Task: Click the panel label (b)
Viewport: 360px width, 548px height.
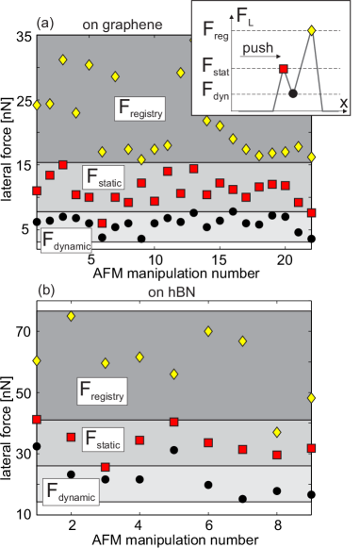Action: pyautogui.click(x=44, y=290)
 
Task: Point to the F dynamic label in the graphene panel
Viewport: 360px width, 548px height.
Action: pyautogui.click(x=66, y=240)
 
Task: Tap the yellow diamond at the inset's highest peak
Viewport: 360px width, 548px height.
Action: pyautogui.click(x=312, y=30)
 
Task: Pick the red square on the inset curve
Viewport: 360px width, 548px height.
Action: pyautogui.click(x=283, y=69)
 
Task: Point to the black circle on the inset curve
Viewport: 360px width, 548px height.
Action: pyautogui.click(x=293, y=93)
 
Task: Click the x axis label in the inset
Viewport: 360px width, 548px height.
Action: pyautogui.click(x=343, y=103)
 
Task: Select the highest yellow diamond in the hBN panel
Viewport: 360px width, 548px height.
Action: pyautogui.click(x=70, y=315)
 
